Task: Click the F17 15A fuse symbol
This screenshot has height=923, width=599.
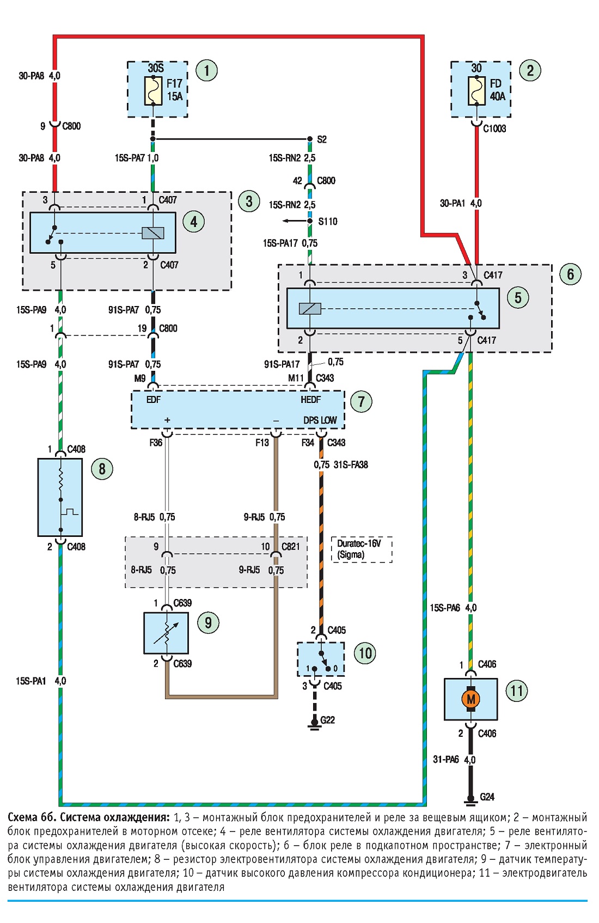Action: pos(153,90)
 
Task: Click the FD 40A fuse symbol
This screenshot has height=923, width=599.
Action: pos(476,90)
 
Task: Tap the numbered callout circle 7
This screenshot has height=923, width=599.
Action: pos(361,401)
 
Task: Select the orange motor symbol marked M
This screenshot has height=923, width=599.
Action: pos(471,699)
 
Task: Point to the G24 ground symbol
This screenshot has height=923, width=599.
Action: pos(470,802)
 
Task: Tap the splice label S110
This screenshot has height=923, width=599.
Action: pos(328,222)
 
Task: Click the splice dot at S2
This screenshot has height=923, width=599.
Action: pos(310,139)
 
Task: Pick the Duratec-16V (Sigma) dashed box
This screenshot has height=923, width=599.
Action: pos(362,549)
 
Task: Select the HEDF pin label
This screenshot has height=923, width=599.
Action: pos(310,400)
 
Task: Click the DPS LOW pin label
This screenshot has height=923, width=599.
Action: pos(320,420)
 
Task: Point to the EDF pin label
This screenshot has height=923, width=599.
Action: pos(154,400)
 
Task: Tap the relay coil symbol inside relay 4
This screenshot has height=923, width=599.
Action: pos(153,233)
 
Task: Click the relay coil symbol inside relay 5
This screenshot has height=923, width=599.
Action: pos(310,309)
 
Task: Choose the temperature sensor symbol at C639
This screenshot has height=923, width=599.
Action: pos(166,633)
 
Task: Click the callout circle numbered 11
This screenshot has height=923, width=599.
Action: pos(517,690)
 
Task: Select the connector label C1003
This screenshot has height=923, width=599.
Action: pos(494,129)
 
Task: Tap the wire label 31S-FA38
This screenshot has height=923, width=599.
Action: pos(351,465)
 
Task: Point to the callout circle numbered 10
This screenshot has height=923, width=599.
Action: pos(365,653)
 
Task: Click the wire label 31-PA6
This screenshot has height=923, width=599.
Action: pos(446,760)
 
